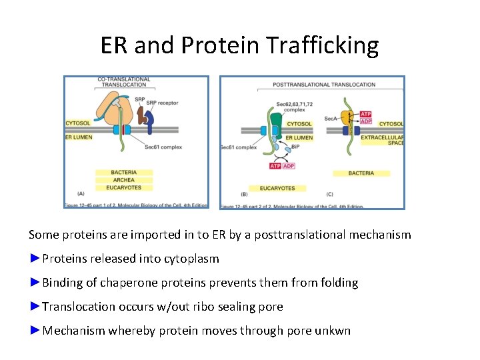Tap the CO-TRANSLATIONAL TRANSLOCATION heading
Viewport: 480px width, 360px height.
point(124,83)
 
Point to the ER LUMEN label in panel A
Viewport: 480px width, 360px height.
point(79,137)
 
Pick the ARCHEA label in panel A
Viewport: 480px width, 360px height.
point(123,179)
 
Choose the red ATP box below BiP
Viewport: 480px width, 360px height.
point(275,165)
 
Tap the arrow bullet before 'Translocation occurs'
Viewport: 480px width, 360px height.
point(35,307)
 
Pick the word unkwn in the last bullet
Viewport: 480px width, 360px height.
point(334,331)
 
